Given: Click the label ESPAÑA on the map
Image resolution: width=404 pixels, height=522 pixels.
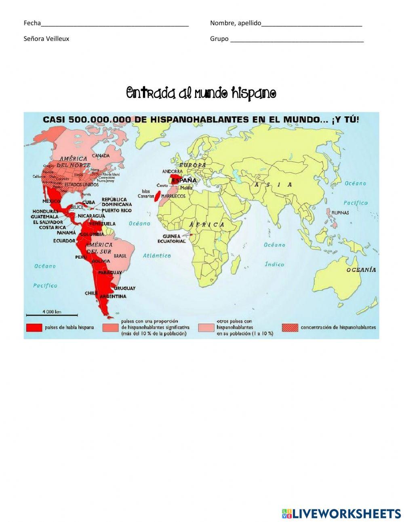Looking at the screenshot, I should [184, 180].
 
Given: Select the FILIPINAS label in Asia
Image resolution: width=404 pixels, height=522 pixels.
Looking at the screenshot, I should [340, 213].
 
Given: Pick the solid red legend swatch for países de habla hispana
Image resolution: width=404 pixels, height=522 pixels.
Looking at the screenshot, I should [34, 328].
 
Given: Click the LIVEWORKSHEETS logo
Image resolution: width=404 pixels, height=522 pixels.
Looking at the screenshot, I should [341, 514].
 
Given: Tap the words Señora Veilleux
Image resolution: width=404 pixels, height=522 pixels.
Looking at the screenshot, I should [46, 39].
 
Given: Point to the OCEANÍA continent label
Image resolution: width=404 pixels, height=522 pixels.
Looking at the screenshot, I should [361, 270].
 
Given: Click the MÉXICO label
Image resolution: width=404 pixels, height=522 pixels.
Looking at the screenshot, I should [51, 201].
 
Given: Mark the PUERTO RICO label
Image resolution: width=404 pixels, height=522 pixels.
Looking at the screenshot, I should [116, 210].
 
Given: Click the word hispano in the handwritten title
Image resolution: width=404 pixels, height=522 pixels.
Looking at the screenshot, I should [254, 93].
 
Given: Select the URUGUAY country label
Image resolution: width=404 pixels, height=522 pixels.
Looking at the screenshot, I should [124, 288].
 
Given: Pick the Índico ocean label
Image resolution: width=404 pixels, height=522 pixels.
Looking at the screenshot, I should [274, 264].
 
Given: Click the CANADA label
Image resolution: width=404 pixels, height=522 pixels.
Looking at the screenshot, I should [101, 156].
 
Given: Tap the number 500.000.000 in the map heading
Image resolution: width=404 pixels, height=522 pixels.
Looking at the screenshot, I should [99, 119].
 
